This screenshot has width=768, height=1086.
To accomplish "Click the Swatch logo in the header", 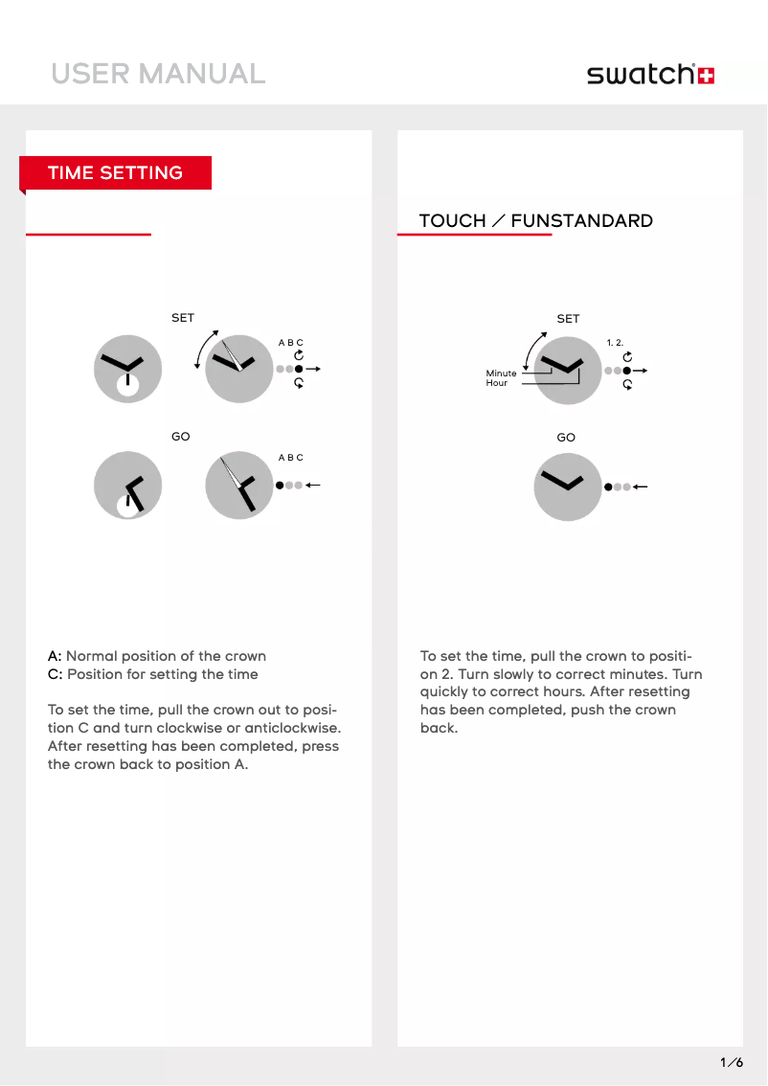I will coord(650,75).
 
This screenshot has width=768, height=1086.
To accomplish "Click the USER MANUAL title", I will coord(158,74).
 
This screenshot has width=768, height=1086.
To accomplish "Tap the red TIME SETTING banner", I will coord(115,173).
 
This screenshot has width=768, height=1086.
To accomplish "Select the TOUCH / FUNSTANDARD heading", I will coord(535,221).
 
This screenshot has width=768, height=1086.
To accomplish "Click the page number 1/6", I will coord(732,1062).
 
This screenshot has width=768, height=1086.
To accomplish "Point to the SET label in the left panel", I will coord(182,318).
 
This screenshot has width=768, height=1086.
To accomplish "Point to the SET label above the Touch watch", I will coord(568,319).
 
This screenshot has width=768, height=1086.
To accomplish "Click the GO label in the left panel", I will coord(180,437).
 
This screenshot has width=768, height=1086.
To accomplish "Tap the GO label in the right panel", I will coord(566,438).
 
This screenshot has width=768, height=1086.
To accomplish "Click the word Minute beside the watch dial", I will coord(501,373).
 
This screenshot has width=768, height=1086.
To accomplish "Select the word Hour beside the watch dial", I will coord(496,383).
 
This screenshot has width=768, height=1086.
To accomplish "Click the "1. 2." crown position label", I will coord(615,342).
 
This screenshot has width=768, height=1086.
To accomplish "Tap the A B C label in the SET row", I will coord(290,343).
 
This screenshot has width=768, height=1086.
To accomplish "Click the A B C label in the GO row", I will coord(290,458).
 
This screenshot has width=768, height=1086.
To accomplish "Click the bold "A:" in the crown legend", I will coord(55,656).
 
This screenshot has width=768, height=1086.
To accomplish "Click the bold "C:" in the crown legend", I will coord(55,674).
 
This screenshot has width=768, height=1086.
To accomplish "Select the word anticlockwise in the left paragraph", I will coord(292,728).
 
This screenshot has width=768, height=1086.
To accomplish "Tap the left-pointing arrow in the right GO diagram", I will coord(641,486).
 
